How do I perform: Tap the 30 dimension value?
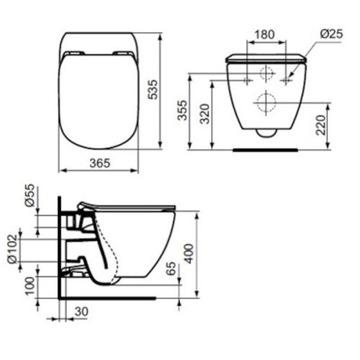(83, 312)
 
